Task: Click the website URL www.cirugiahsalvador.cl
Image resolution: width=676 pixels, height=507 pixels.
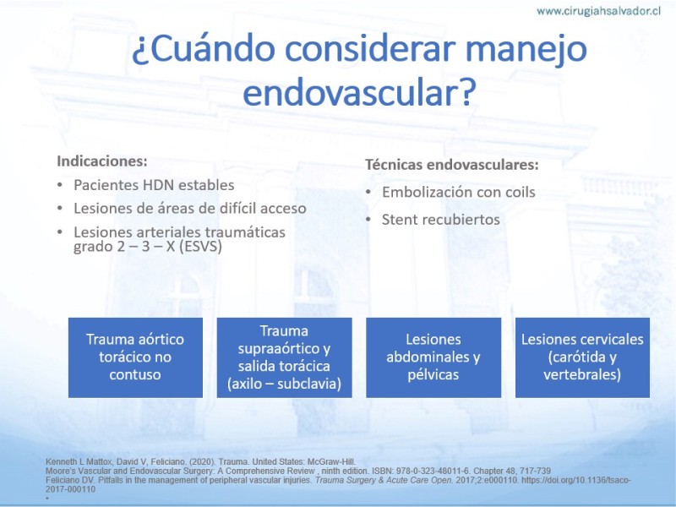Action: [x=598, y=11]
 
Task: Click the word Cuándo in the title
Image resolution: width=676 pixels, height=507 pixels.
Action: [x=212, y=49]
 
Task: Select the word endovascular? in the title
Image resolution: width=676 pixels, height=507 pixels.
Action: [x=359, y=92]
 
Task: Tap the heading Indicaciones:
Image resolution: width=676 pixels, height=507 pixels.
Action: [x=102, y=161]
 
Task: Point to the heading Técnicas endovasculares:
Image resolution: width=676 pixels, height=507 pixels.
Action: [x=452, y=164]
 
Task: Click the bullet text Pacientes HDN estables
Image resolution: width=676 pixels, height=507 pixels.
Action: [x=154, y=185]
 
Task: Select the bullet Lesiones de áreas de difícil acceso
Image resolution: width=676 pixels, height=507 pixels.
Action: [x=189, y=208]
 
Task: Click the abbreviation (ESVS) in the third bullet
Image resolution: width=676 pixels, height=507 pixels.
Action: [x=200, y=246]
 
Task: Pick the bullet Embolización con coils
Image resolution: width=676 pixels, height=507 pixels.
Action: [x=459, y=192]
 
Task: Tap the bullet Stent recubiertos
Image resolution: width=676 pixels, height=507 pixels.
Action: [x=441, y=220]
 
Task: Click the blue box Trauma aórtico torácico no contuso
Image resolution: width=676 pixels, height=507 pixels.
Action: [x=135, y=357]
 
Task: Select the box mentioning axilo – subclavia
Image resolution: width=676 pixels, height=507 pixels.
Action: [x=284, y=357]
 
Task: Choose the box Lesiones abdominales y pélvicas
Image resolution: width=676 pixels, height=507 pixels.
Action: [x=433, y=357]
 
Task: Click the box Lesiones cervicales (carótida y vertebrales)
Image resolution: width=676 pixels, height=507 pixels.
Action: [x=582, y=357]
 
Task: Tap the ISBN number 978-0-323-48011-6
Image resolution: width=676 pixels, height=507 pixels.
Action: [x=433, y=471]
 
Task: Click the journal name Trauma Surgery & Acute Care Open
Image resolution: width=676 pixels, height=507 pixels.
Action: [x=384, y=480]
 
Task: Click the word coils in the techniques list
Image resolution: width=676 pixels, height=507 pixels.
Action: [x=521, y=192]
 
